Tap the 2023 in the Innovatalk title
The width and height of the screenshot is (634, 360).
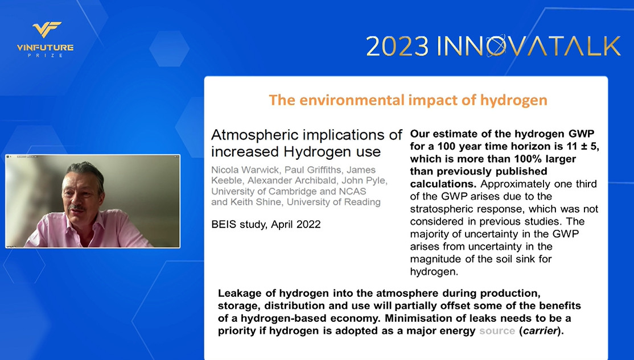tap(397, 47)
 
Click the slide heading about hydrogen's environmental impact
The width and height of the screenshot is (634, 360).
tap(408, 100)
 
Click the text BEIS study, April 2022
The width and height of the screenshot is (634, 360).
tap(266, 224)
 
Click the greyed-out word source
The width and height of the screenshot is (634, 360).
tap(497, 331)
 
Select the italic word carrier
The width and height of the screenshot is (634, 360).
tap(540, 331)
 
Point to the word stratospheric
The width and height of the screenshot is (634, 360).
tap(440, 209)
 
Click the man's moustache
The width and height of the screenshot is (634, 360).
tap(76, 208)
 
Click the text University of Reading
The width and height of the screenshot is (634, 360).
tap(334, 202)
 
